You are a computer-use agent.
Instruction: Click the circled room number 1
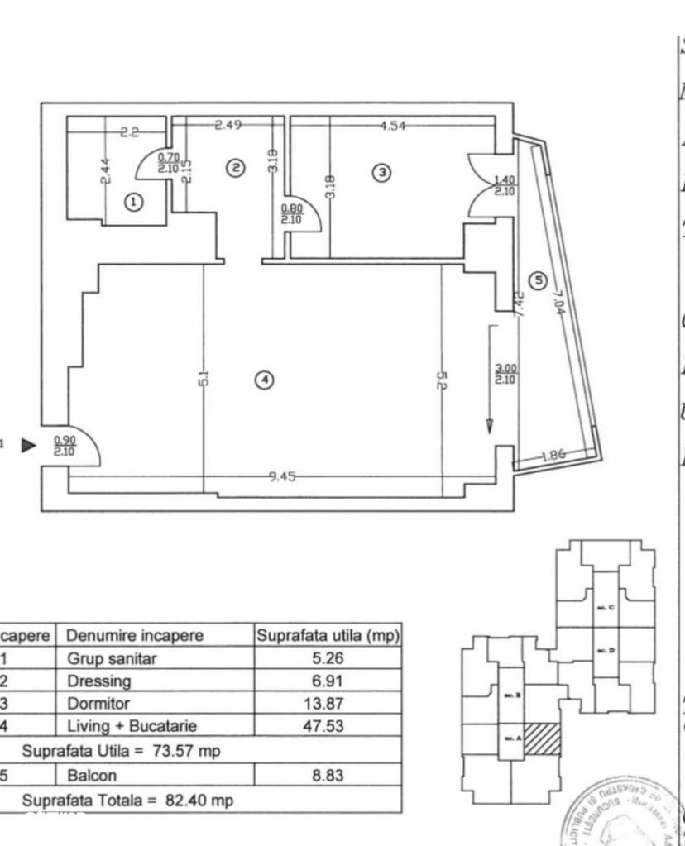tap(133, 201)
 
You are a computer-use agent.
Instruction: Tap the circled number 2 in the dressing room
tap(236, 168)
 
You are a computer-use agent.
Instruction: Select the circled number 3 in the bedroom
tap(381, 173)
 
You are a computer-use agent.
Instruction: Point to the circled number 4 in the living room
tap(263, 380)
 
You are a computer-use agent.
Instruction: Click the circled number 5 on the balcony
tap(539, 281)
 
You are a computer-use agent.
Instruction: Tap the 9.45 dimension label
tap(283, 476)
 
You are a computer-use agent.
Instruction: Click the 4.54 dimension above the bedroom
tap(393, 126)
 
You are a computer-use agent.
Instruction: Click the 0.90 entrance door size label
tap(65, 446)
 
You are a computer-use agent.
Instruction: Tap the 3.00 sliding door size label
tap(505, 375)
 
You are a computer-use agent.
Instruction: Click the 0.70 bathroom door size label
tap(169, 161)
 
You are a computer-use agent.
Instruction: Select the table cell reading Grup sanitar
tap(111, 659)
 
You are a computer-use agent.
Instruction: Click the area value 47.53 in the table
tap(328, 725)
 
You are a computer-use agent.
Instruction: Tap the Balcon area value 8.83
tap(328, 777)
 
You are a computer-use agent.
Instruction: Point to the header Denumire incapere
tap(134, 636)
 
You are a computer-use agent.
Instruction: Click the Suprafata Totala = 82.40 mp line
tap(127, 800)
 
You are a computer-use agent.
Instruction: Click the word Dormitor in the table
tap(98, 704)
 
